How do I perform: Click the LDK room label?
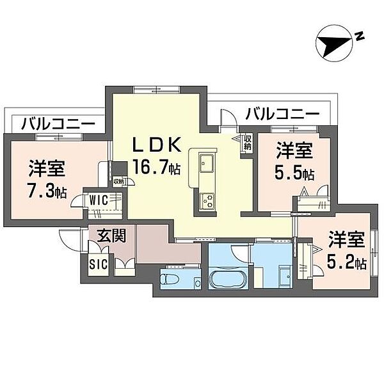tap(157, 145)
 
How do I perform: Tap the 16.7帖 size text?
tap(156, 167)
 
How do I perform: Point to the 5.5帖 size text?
tap(294, 173)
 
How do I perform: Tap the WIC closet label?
tap(98, 200)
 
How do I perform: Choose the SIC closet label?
tap(98, 264)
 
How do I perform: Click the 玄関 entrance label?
tap(111, 236)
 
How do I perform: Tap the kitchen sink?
tap(207, 163)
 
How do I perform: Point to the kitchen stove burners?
tap(207, 201)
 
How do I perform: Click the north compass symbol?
tap(334, 46)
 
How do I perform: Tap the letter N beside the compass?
tap(360, 36)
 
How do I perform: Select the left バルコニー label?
tap(58, 124)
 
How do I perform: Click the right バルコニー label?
tap(283, 114)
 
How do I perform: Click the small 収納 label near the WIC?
tap(119, 182)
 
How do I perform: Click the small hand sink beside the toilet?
tap(197, 282)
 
